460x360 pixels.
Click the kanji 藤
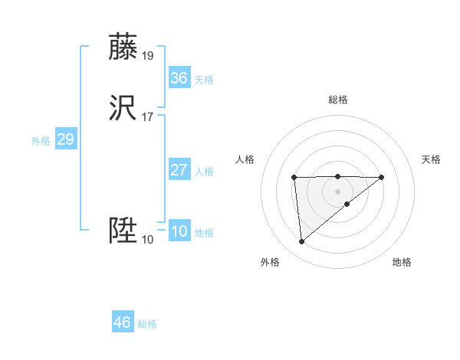point(124,47)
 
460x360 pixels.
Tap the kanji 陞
point(124,231)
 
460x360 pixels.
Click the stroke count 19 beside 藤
point(148,55)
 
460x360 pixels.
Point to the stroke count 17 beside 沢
point(148,116)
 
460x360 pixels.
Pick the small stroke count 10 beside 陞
point(148,240)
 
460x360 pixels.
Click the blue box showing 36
point(179,78)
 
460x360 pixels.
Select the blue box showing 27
point(179,170)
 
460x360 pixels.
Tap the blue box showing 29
point(65,139)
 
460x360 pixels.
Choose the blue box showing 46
point(123,322)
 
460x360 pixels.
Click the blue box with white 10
point(179,231)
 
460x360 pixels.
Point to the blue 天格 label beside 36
point(204,80)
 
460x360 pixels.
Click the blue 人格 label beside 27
point(204,172)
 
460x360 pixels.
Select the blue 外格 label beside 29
point(41,141)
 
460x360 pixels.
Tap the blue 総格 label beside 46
point(147,324)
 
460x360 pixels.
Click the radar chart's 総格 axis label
point(338,100)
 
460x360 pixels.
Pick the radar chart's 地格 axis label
point(402,262)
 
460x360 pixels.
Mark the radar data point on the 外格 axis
point(302,242)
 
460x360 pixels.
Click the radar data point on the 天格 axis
point(382,178)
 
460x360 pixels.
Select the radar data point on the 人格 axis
point(294,178)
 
